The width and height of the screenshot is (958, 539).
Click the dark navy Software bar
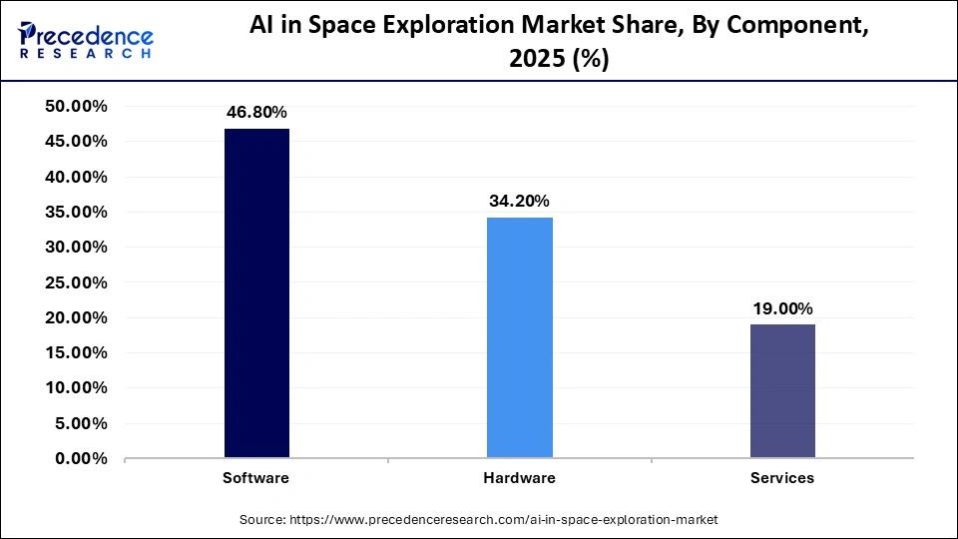pos(256,293)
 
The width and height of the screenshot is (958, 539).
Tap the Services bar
pos(782,391)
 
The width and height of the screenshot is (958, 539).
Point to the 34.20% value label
pos(519,201)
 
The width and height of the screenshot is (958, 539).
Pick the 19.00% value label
pos(782,308)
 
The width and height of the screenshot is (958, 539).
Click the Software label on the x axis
pos(256,478)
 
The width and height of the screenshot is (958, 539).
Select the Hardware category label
pos(519,478)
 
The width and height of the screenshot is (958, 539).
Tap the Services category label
pos(782,478)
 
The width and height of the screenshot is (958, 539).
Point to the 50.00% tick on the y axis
pos(77,107)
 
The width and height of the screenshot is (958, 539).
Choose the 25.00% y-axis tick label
pos(77,282)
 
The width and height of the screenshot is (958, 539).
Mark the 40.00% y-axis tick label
pos(77,177)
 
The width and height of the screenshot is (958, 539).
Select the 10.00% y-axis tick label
pos(77,388)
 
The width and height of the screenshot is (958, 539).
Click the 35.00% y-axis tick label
pos(77,213)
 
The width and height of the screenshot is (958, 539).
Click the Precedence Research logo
pos(84,40)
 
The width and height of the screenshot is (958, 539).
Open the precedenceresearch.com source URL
pos(503,520)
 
